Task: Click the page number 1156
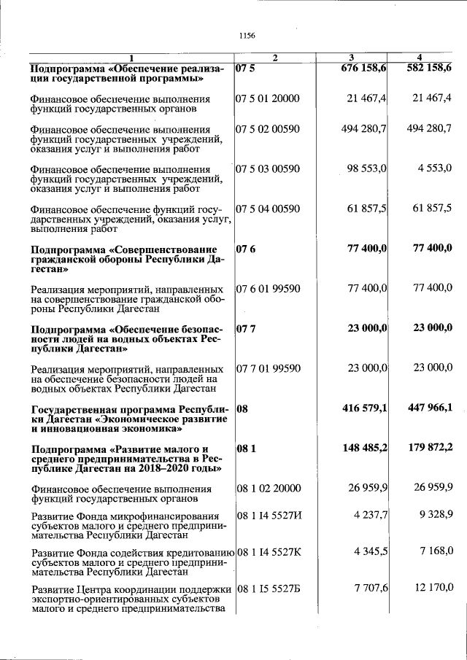(x=245, y=35)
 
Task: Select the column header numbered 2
(x=274, y=58)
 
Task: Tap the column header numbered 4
(x=420, y=58)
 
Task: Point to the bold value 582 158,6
(x=428, y=68)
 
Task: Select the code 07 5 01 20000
(x=268, y=98)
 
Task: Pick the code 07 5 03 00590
(x=268, y=169)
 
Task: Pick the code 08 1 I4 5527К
(x=269, y=550)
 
